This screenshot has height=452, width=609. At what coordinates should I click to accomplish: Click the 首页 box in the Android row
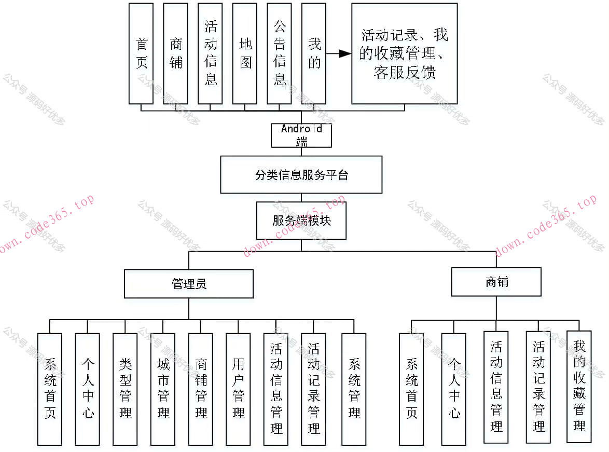(141, 53)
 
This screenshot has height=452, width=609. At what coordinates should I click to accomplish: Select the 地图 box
(245, 53)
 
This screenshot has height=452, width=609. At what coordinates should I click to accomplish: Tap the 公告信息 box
(280, 53)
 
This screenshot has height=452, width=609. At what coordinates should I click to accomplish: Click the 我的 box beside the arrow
(314, 53)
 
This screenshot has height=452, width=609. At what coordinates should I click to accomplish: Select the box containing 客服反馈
(404, 53)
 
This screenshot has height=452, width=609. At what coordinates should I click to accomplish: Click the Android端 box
(301, 135)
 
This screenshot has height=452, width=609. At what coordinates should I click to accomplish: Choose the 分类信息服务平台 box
(301, 175)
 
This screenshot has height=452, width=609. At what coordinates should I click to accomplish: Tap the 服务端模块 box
(301, 221)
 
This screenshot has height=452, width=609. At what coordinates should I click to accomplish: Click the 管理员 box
(189, 283)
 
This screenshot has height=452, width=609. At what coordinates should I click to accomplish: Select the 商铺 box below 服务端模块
(496, 282)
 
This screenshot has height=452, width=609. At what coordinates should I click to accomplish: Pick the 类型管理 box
(125, 389)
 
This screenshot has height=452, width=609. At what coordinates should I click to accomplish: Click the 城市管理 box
(163, 389)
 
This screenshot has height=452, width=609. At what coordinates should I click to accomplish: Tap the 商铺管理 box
(201, 389)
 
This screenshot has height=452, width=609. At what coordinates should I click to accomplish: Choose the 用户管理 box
(238, 389)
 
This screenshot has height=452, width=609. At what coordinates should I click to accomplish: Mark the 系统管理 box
(354, 389)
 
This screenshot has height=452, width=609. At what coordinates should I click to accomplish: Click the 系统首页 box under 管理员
(50, 389)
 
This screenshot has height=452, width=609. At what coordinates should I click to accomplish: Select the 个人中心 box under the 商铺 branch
(454, 389)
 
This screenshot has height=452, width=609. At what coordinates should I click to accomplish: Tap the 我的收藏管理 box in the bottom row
(579, 387)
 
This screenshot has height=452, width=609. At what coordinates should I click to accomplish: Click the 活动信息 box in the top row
(210, 53)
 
